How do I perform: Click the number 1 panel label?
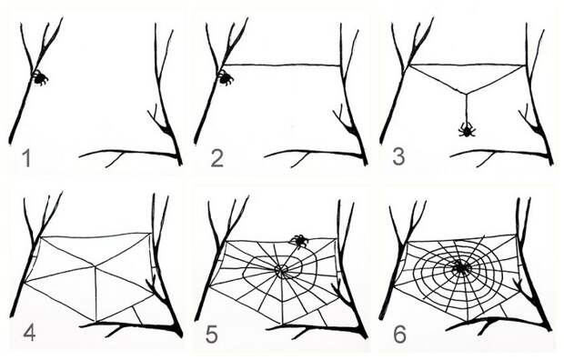(25, 158)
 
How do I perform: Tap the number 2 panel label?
(217, 158)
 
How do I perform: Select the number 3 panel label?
(398, 157)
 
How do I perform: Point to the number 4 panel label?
(29, 333)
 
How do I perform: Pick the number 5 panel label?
(212, 335)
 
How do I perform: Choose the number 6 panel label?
(399, 335)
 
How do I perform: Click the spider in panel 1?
(39, 77)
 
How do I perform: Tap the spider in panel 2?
(226, 77)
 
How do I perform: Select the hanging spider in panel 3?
(467, 129)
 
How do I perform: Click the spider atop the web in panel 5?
(299, 240)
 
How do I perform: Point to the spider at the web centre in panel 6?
(461, 267)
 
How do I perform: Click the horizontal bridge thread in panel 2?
(282, 65)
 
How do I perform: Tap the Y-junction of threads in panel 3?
(466, 94)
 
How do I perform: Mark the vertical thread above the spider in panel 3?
(467, 108)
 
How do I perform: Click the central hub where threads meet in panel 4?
(95, 266)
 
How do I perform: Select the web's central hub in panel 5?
(280, 269)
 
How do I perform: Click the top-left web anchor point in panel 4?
(41, 236)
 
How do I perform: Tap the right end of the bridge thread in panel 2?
(340, 65)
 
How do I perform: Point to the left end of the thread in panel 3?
(409, 65)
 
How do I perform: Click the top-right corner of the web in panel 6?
(517, 235)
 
